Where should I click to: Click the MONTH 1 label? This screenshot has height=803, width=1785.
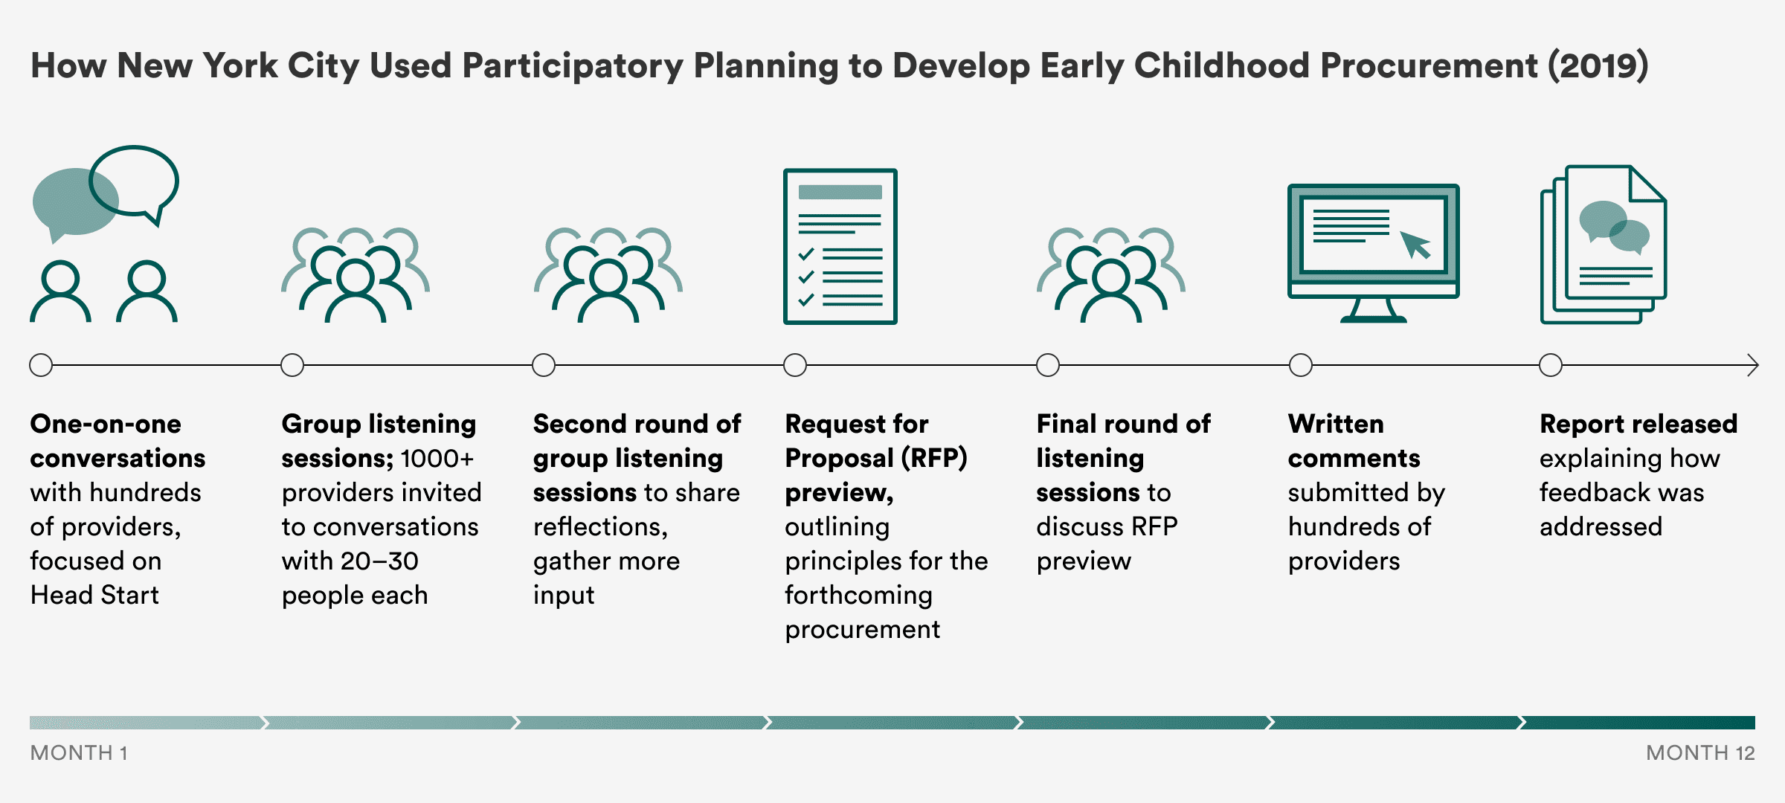(x=79, y=752)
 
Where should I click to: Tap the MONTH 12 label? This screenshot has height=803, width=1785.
(x=1700, y=752)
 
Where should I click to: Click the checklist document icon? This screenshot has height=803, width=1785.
(x=840, y=246)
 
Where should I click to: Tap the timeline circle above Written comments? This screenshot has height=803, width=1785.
(x=1300, y=365)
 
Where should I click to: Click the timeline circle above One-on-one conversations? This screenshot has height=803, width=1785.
(x=41, y=365)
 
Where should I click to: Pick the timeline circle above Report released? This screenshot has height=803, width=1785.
(x=1551, y=365)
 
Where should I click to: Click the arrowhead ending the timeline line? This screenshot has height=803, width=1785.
(x=1753, y=365)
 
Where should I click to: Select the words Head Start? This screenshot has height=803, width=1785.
(x=94, y=595)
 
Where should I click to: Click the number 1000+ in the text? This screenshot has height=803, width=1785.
(x=437, y=458)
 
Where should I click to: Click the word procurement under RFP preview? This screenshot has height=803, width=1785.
(x=862, y=629)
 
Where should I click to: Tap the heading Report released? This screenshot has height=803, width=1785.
(x=1638, y=423)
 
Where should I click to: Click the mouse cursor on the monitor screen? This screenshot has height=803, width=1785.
(x=1415, y=243)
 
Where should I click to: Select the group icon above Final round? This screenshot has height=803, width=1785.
(x=1110, y=275)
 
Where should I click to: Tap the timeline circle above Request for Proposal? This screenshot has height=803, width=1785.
(x=795, y=365)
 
